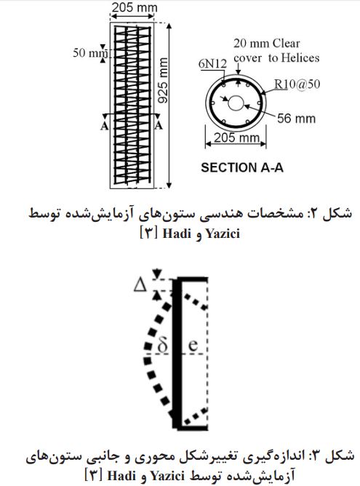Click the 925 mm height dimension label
163,80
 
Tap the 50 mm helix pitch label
90,53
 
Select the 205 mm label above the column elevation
135,7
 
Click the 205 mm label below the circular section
236,138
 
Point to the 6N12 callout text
212,64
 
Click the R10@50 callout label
297,84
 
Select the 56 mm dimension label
296,119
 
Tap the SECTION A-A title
242,167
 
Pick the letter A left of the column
105,126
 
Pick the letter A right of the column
159,126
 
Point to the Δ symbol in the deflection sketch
140,285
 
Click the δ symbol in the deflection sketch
162,345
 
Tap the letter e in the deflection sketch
193,345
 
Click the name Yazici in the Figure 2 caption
223,234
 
